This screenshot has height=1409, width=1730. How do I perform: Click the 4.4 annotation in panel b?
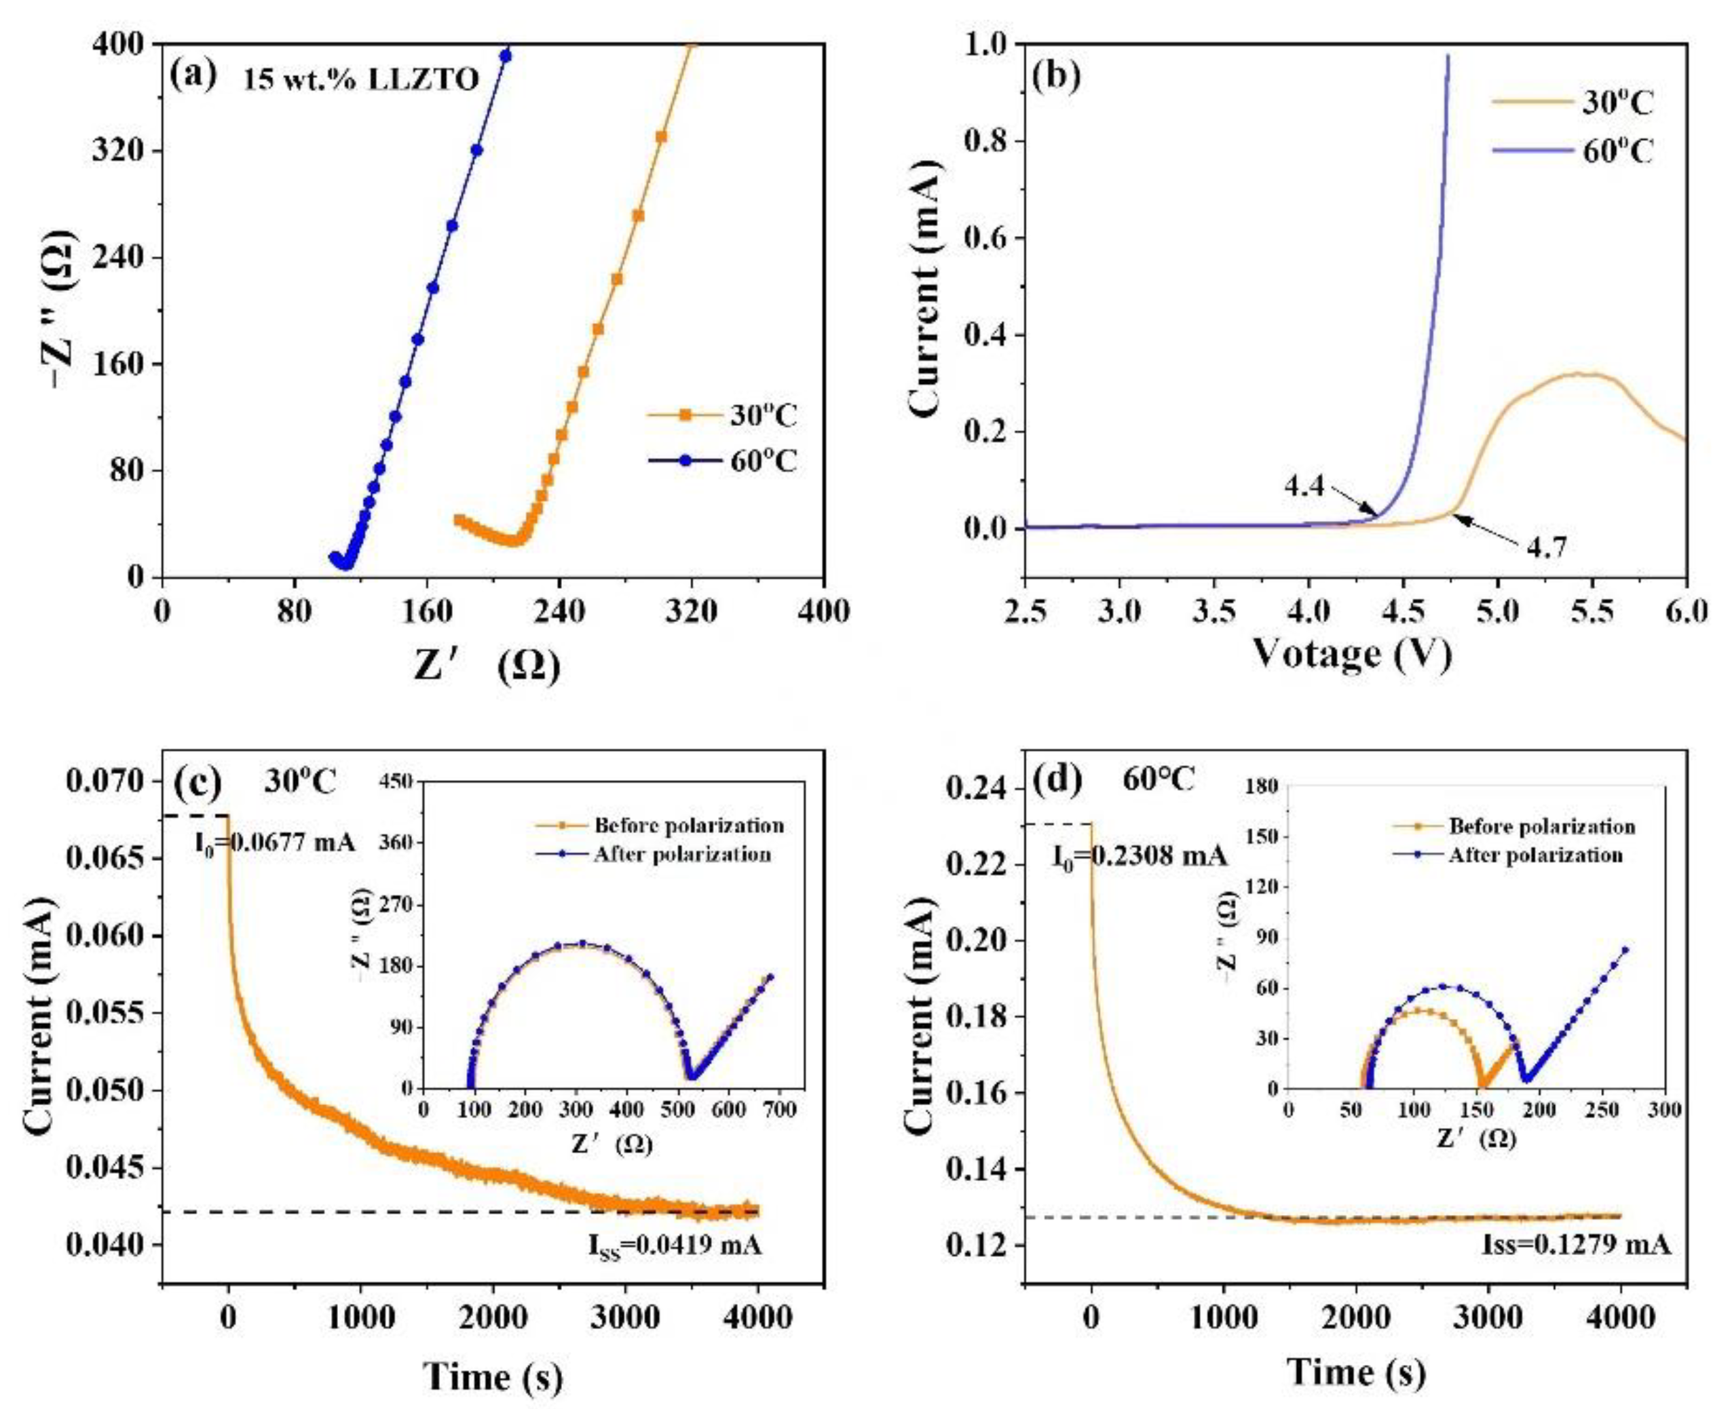1303,486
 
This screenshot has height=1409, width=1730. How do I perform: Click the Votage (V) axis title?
1349,653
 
